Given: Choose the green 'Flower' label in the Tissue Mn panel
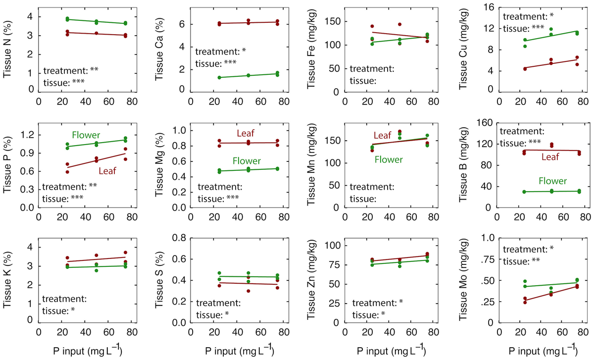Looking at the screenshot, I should pos(389,159).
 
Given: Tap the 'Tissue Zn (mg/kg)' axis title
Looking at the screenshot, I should pos(311,280).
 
